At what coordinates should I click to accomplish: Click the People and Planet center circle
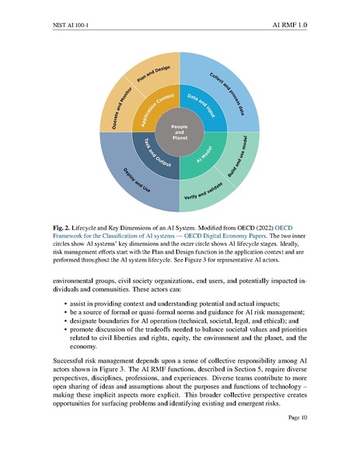pyautogui.click(x=180, y=131)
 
